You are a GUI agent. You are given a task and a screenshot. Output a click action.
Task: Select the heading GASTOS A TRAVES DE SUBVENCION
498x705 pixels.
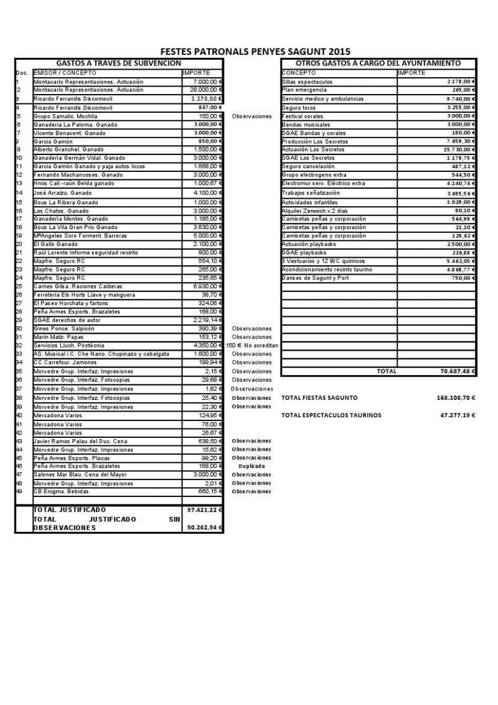(118, 64)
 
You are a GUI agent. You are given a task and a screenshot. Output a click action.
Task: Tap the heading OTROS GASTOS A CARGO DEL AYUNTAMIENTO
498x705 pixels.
(378, 64)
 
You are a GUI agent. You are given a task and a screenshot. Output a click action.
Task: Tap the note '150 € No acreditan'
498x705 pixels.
(251, 346)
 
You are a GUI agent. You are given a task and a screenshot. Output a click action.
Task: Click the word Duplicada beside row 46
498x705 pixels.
(251, 466)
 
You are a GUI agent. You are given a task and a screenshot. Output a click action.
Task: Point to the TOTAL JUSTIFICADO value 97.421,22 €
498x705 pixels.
(202, 510)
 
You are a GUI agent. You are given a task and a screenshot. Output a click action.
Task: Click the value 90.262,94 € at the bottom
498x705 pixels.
(202, 528)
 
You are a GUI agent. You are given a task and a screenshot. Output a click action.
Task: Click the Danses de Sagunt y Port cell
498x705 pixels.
(315, 278)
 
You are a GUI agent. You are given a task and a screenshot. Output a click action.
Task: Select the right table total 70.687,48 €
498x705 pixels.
(456, 371)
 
